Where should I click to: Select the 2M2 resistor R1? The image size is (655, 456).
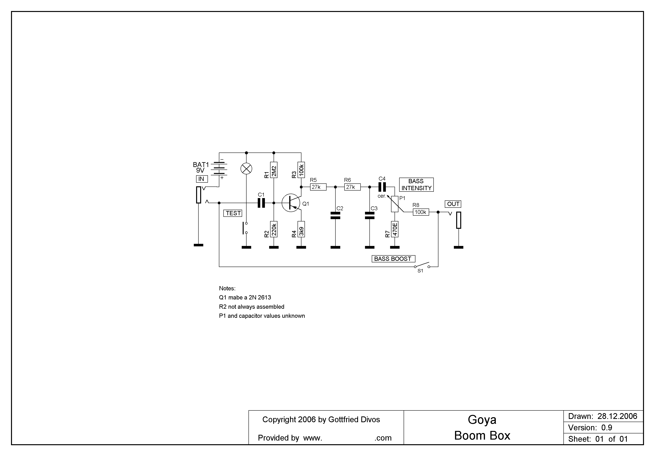click(274, 170)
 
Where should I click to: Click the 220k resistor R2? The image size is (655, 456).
click(274, 229)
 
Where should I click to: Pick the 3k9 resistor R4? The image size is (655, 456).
click(301, 229)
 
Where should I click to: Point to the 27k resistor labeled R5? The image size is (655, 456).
click(318, 187)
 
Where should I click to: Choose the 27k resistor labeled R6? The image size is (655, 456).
click(352, 187)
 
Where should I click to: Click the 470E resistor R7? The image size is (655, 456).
click(395, 229)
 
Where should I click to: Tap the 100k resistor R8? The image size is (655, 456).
click(421, 212)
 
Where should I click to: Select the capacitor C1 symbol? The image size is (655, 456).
click(261, 203)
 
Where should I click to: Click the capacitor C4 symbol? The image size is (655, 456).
click(382, 187)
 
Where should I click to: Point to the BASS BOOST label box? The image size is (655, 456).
click(393, 259)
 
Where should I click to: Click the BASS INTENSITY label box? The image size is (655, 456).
click(416, 185)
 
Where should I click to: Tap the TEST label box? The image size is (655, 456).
click(233, 213)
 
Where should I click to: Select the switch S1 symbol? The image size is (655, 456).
click(422, 266)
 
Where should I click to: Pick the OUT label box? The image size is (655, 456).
click(453, 204)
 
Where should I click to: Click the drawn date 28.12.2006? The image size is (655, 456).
click(617, 416)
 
